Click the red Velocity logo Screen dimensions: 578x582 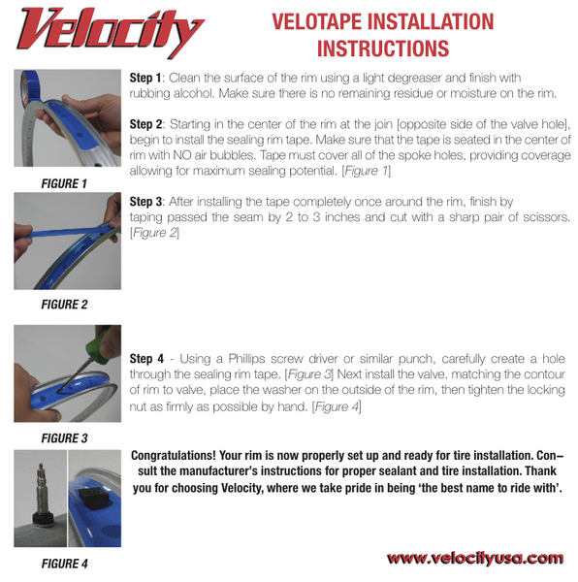click(110, 33)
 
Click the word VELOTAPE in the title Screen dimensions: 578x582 click(317, 21)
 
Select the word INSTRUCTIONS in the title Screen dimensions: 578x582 click(383, 48)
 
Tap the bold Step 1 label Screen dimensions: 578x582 click(145, 78)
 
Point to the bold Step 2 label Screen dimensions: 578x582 click(145, 124)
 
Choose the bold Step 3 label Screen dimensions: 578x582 click(145, 202)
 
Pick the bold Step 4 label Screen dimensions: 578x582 click(146, 359)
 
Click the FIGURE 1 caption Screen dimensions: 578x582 click(64, 183)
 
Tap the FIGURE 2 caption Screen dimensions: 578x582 click(65, 305)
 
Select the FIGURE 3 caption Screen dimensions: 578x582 click(65, 438)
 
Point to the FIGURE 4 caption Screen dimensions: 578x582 click(65, 564)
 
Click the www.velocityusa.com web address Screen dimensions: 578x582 click(475, 559)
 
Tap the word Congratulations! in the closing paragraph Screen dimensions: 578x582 click(174, 456)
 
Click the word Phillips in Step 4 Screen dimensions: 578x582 click(246, 359)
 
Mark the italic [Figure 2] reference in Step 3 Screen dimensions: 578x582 click(154, 233)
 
